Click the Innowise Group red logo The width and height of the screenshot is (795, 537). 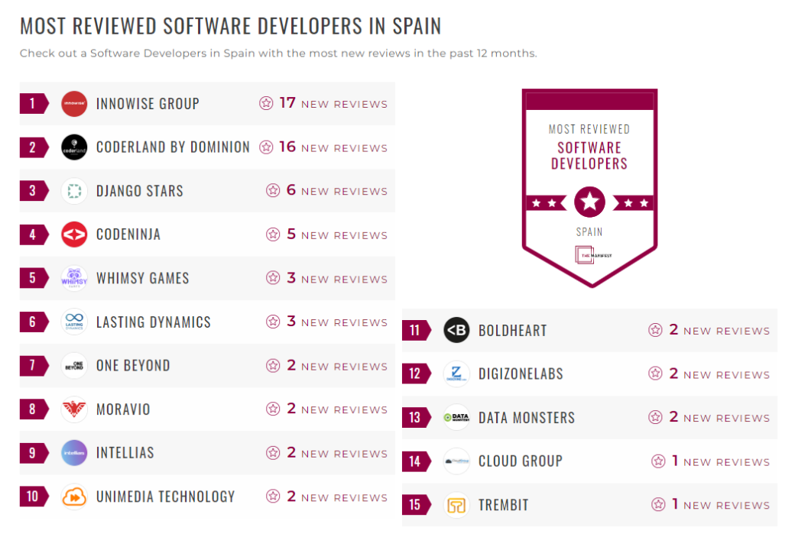tap(74, 104)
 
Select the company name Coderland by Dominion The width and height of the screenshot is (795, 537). tap(173, 147)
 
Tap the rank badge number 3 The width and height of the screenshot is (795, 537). tap(32, 191)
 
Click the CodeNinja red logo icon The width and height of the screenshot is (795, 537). tap(74, 235)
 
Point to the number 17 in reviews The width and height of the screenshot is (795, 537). tap(287, 103)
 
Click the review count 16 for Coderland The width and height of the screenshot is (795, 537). tap(287, 147)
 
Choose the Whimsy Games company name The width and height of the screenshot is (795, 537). tap(142, 278)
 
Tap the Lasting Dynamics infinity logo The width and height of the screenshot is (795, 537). tap(74, 322)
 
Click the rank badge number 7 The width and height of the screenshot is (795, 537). tap(32, 365)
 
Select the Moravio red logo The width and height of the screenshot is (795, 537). tap(74, 409)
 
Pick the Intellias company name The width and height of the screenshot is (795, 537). tap(125, 453)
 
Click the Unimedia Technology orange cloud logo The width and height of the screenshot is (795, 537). tap(74, 497)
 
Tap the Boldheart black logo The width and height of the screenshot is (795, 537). tap(456, 330)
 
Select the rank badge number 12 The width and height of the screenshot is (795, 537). tap(415, 374)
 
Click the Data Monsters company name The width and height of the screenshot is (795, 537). tap(526, 418)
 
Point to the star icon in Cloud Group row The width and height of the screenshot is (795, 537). tap(658, 461)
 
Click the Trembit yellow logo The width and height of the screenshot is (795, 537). tap(456, 505)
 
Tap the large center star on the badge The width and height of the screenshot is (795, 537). tap(589, 202)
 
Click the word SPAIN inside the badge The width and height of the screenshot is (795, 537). tap(589, 231)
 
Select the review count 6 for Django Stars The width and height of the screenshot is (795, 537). tap(290, 190)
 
